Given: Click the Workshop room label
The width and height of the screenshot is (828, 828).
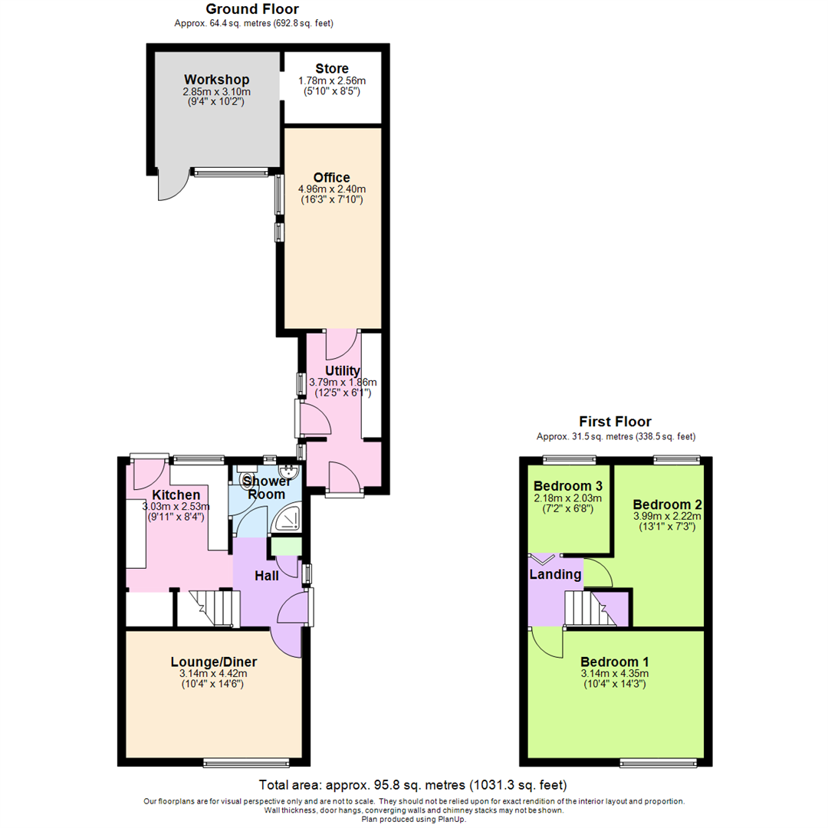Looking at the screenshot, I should [x=216, y=80].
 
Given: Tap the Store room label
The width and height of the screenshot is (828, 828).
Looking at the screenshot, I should [x=331, y=68].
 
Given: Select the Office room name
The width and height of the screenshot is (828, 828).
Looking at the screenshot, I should [x=331, y=178].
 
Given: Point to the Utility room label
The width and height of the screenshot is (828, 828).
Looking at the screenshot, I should [x=342, y=371].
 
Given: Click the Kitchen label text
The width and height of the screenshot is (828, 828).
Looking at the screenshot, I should [x=176, y=495].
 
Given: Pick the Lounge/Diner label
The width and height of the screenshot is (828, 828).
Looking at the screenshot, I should [x=213, y=662].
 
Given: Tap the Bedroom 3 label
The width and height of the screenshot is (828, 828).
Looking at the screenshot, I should [x=568, y=486].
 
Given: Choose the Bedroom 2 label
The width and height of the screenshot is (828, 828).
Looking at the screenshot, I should [x=667, y=504].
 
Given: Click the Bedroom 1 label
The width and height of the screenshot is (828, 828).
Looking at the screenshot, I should [x=615, y=662].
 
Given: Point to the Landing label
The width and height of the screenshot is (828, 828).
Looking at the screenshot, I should [x=555, y=573].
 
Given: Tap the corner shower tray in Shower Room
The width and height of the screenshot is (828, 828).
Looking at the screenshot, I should [x=289, y=521].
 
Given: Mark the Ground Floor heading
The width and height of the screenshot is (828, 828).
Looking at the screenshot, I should [x=252, y=9].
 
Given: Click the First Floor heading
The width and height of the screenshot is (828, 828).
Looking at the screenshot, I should [x=615, y=422].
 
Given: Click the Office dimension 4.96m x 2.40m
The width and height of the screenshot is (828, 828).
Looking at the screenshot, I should [x=331, y=189].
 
